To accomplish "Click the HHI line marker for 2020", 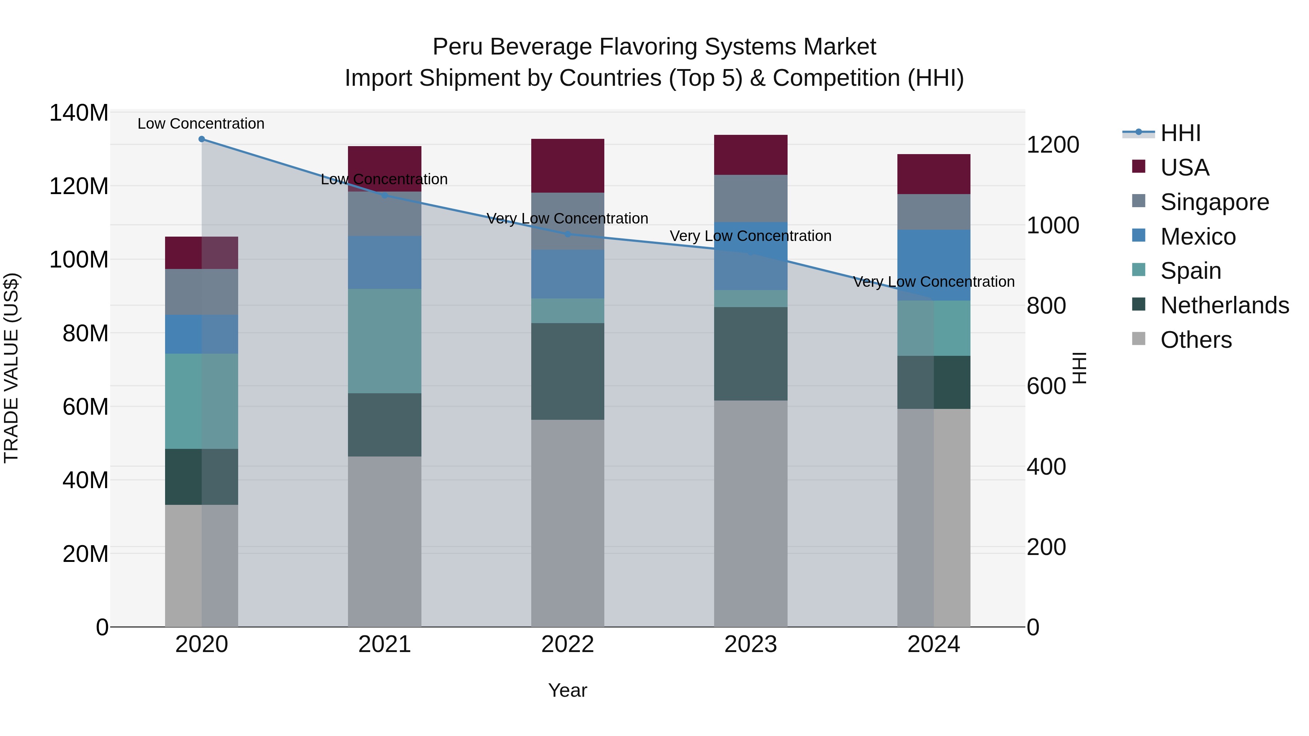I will (x=202, y=139).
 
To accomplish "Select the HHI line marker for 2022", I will (x=568, y=234).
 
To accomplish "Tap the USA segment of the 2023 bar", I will (x=750, y=155).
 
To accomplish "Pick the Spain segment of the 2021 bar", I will (x=385, y=341).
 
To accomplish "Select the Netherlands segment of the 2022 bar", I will (x=568, y=371).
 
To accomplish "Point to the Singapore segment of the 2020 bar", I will (x=202, y=292).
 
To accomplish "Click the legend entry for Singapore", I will (x=1214, y=202).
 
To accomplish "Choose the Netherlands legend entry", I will (x=1225, y=305).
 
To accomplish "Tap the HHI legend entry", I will (x=1180, y=133).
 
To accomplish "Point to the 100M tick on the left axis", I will (x=79, y=260).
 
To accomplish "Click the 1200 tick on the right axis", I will (x=1053, y=145).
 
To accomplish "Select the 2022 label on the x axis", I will (x=568, y=644).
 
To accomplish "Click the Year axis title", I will (x=568, y=690).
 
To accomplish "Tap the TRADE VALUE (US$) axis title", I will (x=11, y=368).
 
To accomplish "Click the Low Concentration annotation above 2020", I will (x=201, y=124).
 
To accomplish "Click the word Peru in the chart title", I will (x=458, y=47).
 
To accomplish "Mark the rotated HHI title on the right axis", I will (x=1079, y=368).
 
